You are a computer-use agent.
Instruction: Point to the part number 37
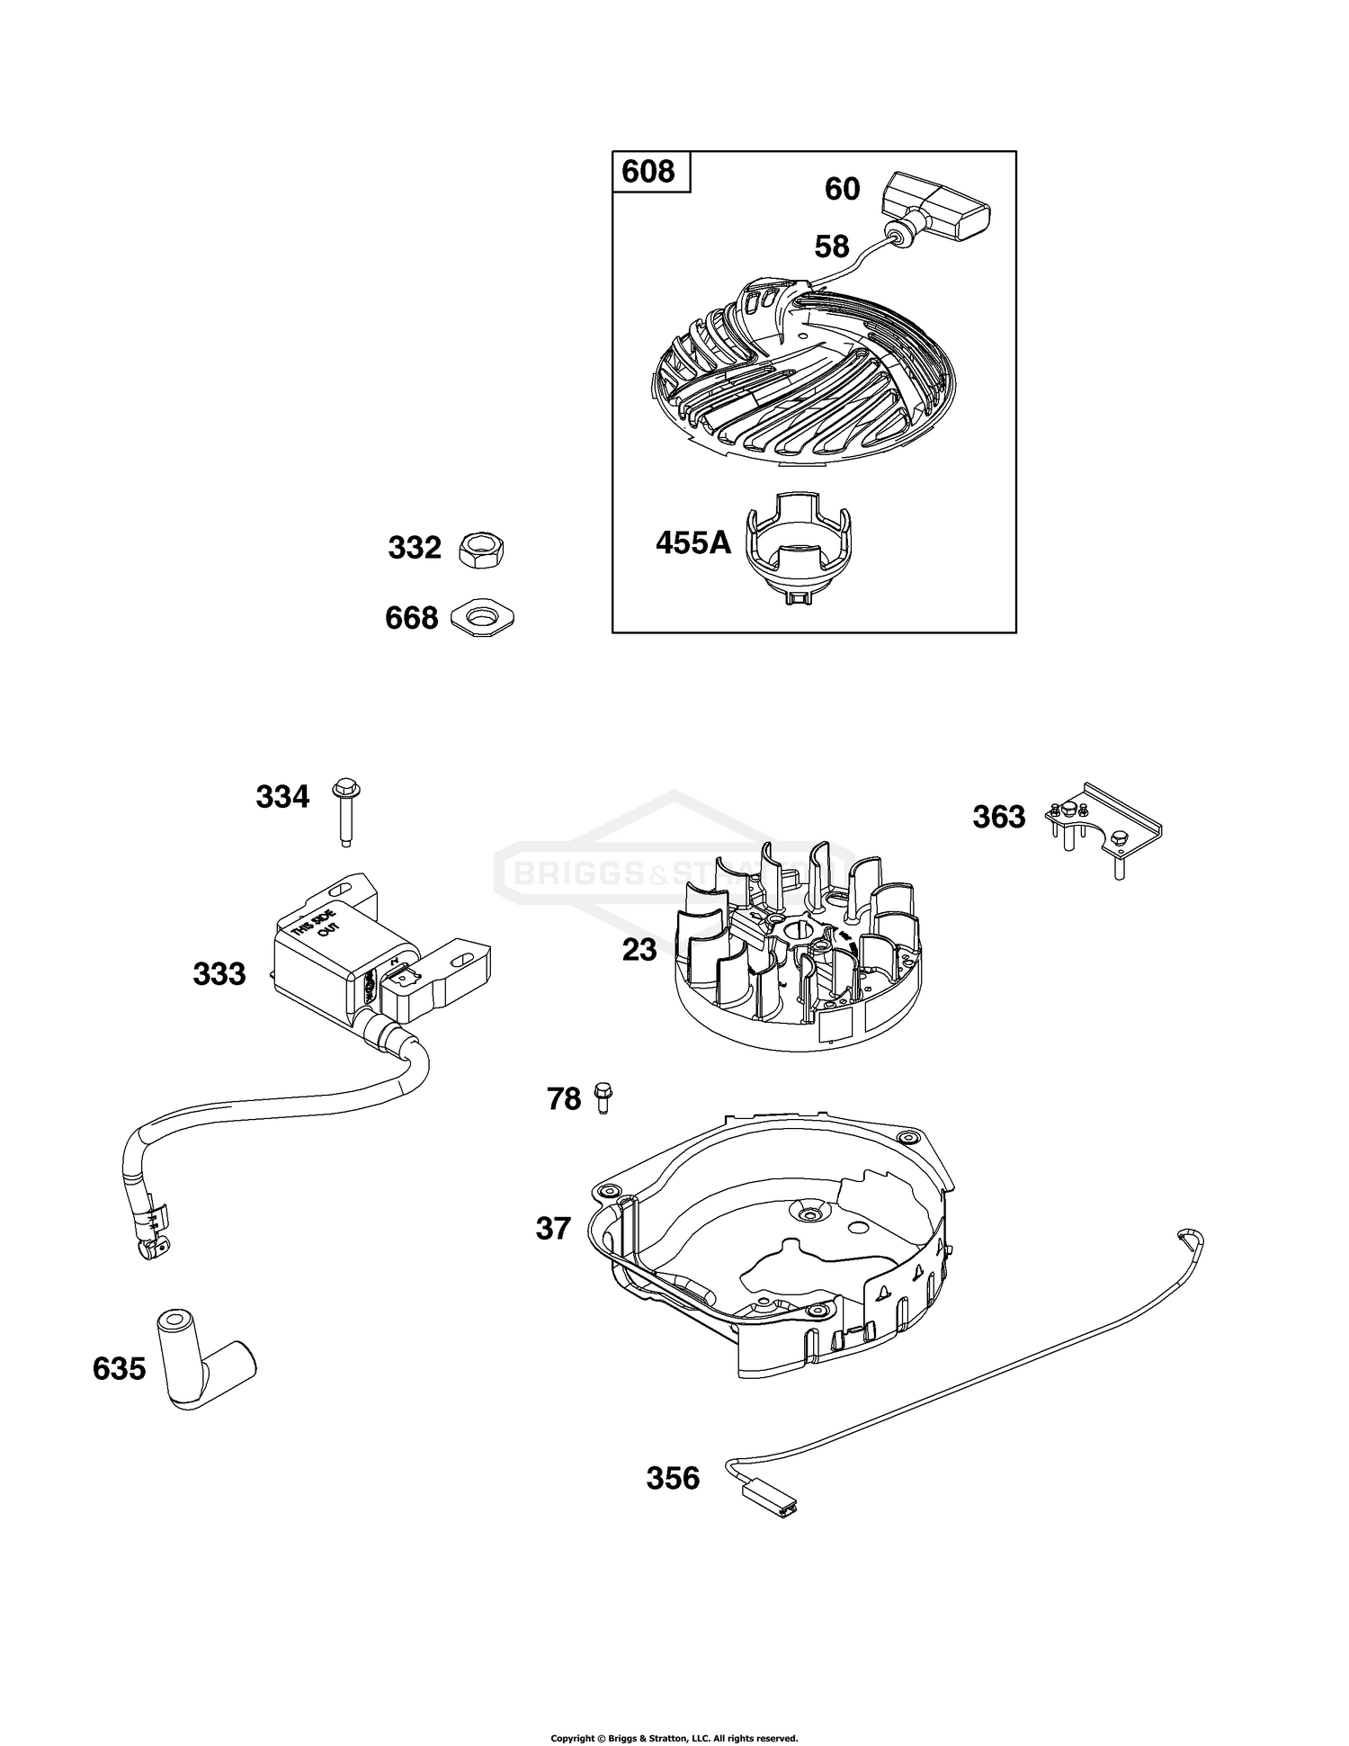tap(553, 1228)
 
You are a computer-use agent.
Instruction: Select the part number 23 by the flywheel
tap(639, 949)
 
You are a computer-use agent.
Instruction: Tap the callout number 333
tap(219, 973)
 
